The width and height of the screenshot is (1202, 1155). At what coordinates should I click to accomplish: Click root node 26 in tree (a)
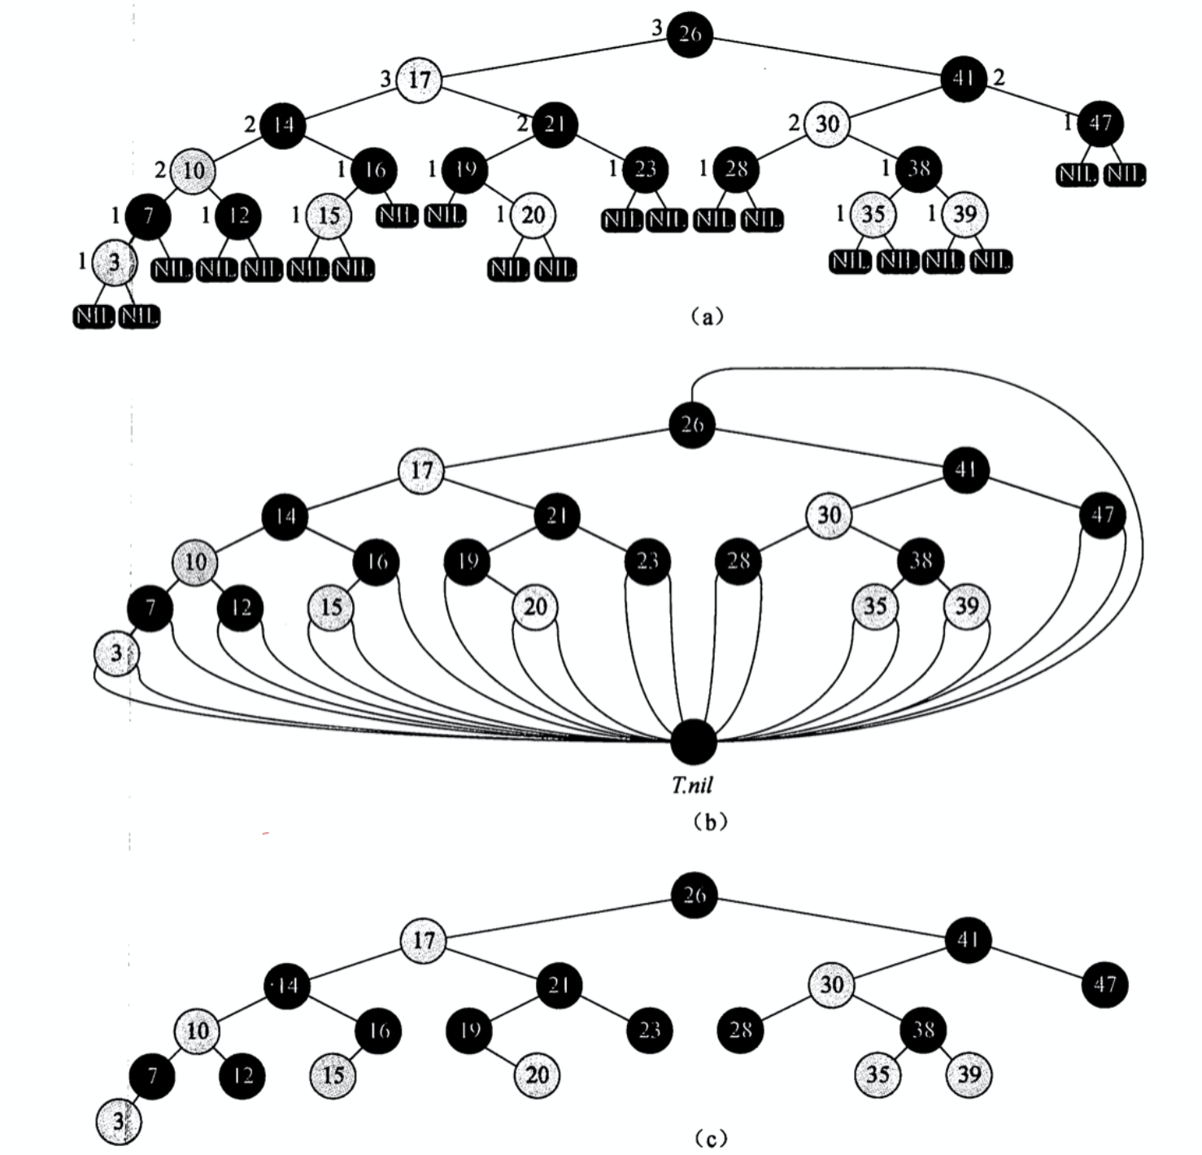coord(690,34)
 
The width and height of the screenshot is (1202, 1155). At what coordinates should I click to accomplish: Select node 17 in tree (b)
coord(421,470)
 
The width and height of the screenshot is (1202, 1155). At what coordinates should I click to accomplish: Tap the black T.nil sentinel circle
coord(695,742)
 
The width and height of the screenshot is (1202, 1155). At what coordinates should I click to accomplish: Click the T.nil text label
coord(692,785)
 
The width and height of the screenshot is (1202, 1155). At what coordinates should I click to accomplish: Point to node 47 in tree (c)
coord(1104,985)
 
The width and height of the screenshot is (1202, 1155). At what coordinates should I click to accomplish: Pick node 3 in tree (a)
coord(114,262)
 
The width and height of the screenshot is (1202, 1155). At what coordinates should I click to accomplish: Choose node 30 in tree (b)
coord(829,515)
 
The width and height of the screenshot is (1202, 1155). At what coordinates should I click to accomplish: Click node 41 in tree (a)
coord(964,78)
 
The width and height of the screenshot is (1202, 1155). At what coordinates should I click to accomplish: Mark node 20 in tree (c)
coord(536,1075)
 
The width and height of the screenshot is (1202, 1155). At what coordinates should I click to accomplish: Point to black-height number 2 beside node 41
coord(999,77)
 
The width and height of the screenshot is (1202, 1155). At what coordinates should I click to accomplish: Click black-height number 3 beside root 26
coord(657,29)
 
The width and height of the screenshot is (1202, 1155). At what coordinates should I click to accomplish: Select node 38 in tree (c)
coord(923,1030)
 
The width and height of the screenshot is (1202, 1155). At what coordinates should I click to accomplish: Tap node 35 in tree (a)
coord(873,215)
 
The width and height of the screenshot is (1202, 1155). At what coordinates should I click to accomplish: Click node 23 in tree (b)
coord(647,561)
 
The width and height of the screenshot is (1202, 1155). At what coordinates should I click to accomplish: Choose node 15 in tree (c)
coord(333,1075)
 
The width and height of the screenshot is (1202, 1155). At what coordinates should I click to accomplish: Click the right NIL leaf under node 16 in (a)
coord(397,216)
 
